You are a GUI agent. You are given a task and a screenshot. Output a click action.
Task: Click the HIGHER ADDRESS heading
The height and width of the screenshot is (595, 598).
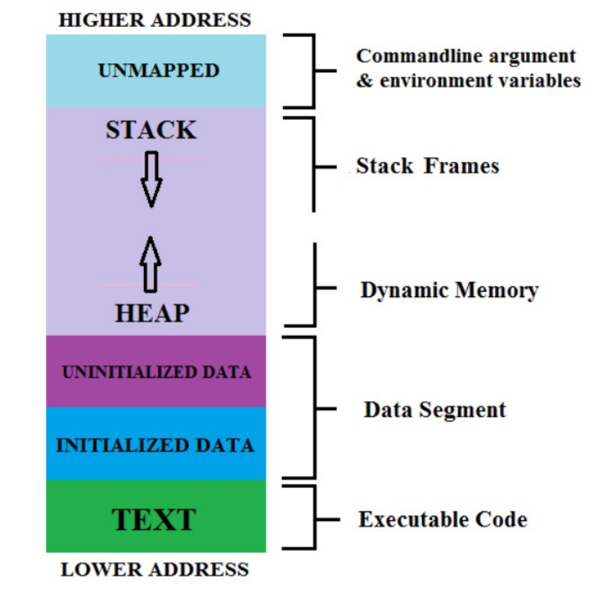tap(154, 20)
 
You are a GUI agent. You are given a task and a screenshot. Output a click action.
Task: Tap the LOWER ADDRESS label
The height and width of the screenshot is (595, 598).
tap(154, 570)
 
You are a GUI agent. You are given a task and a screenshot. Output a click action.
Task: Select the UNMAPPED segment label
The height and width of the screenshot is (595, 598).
tap(158, 70)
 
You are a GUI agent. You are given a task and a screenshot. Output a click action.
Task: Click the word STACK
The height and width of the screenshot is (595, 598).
tap(151, 130)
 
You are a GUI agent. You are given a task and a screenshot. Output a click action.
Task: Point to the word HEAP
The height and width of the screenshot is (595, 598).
tap(152, 313)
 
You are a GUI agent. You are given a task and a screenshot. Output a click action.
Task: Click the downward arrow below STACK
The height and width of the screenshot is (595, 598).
tap(151, 179)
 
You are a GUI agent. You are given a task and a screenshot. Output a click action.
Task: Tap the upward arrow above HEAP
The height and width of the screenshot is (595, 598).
tap(150, 265)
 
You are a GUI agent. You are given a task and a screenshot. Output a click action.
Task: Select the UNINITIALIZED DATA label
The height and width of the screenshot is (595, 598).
tap(156, 372)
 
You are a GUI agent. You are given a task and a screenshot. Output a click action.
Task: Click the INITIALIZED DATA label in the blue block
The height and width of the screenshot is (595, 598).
tap(154, 445)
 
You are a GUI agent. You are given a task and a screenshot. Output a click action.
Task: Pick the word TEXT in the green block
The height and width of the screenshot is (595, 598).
tap(154, 519)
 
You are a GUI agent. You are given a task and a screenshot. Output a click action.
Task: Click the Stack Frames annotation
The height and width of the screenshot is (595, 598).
tap(427, 166)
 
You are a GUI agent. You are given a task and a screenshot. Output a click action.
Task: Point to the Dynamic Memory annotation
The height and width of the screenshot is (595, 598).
tap(449, 290)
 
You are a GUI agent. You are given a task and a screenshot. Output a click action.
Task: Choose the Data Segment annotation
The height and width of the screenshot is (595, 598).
tap(435, 410)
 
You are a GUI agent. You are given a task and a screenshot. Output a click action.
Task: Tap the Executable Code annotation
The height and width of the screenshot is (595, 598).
tap(443, 519)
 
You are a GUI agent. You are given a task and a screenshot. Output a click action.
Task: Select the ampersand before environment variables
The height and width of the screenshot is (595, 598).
tap(365, 81)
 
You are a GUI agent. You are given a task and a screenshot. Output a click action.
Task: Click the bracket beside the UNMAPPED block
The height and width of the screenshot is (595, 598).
tap(314, 71)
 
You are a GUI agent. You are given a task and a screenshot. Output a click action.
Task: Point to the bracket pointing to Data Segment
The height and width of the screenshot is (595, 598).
tap(315, 408)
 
